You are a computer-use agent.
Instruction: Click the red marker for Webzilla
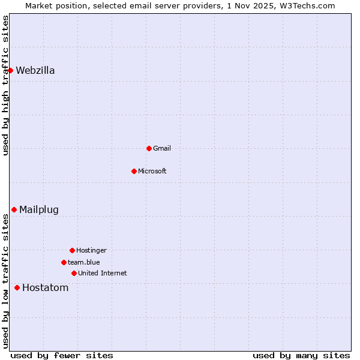point(10,70)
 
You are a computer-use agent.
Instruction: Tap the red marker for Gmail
point(149,148)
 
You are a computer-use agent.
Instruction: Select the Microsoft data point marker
point(134,171)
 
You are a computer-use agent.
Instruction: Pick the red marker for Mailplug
point(14,209)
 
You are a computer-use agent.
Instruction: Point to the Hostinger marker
point(72,250)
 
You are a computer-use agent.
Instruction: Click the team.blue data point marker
point(64,262)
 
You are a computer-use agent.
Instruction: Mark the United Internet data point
point(74,273)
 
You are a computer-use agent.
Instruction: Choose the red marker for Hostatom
point(17,287)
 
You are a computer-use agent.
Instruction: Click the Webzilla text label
point(35,70)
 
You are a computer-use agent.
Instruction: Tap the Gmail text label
point(162,148)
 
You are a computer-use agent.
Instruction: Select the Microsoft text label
point(152,171)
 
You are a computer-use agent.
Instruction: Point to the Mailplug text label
point(39,209)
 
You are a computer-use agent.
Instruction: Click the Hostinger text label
point(91,250)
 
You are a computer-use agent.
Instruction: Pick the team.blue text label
point(84,262)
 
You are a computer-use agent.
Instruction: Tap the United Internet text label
point(103,273)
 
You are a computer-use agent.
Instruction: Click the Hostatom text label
point(46,287)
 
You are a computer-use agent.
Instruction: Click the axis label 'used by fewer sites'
point(62,355)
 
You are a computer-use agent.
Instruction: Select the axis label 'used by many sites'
point(301,355)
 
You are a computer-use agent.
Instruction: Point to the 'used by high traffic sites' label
point(5,85)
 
